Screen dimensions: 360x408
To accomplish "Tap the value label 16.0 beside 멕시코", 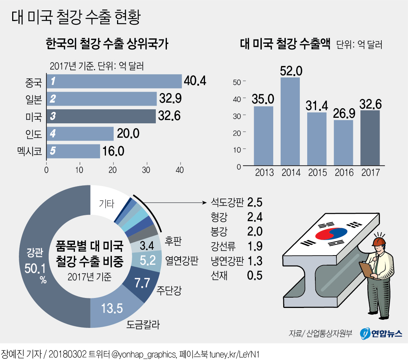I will point(113,151).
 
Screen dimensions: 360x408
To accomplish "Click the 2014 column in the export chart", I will point(290,122).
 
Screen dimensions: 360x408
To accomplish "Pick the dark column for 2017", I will point(370,138).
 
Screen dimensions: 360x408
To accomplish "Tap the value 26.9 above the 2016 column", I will point(343,113).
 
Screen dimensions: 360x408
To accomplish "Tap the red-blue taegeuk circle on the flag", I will point(329,233).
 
